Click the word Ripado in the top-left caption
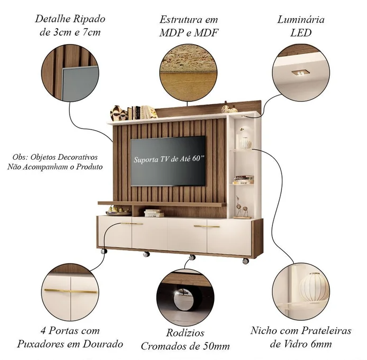tap(89, 19)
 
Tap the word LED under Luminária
tap(301, 33)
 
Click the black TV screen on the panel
tap(168, 161)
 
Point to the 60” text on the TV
tap(199, 158)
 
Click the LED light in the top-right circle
tap(300, 73)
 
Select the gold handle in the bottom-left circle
tap(71, 291)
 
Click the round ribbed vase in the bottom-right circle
tap(314, 287)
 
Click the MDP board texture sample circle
tap(188, 73)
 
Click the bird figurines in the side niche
tap(242, 207)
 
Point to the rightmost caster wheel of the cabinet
tap(245, 261)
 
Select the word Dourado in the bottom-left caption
tap(103, 344)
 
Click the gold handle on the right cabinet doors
tap(207, 226)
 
